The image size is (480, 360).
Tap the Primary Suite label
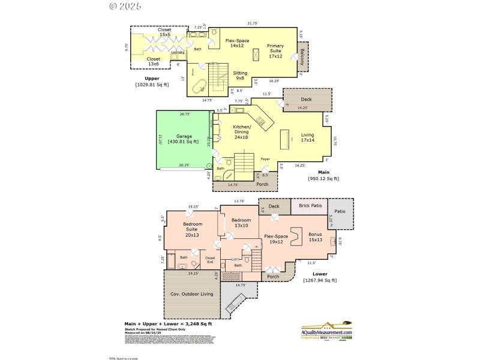pos(275,49)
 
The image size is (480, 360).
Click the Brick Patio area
pos(308,206)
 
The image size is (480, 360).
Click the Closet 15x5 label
pos(164,32)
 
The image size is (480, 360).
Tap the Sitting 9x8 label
pos(240,75)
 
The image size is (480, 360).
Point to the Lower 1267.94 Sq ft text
pos(320,277)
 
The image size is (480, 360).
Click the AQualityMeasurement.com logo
pos(326,334)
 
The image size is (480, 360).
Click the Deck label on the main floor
pos(306,99)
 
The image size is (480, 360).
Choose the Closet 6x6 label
pos(211,260)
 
